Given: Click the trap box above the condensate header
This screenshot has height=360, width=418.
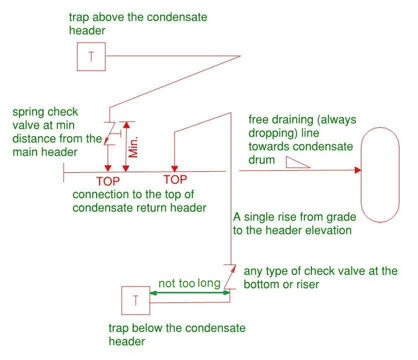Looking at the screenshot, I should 91,57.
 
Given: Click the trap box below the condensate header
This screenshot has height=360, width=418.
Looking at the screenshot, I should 136,300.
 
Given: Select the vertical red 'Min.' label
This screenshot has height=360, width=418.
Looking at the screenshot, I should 133,145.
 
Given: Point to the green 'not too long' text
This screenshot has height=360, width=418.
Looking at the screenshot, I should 189,284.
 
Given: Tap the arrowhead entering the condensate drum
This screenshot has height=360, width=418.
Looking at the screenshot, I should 357,171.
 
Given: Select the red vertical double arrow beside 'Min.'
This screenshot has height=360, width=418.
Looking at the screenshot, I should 126,146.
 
